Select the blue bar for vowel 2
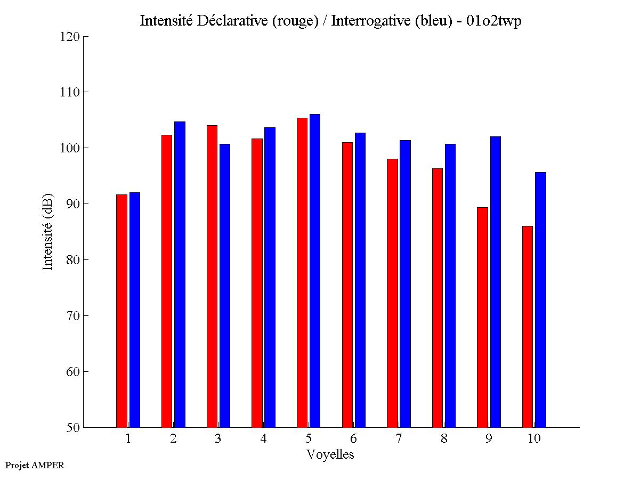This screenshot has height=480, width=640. [x=180, y=274]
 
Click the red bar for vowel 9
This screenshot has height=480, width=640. [x=482, y=317]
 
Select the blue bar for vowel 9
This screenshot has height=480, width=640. [x=496, y=282]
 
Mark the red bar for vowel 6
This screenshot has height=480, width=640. [x=347, y=284]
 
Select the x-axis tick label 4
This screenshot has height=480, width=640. [x=263, y=439]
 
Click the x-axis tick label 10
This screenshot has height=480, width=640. [x=534, y=439]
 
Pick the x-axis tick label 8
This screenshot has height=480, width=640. [x=444, y=439]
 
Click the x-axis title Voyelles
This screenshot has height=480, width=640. [x=330, y=454]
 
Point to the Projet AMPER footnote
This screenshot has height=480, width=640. [x=35, y=465]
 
